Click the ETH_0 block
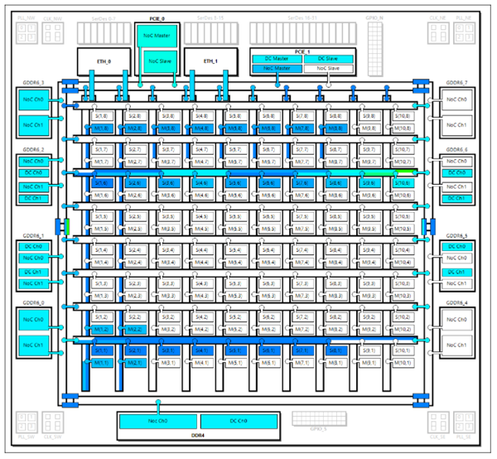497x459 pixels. [x=104, y=61]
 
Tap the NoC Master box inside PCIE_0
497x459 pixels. [x=157, y=36]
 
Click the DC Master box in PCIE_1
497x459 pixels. [x=277, y=58]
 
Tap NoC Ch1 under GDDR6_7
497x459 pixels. [x=456, y=125]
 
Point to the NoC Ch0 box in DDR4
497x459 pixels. [x=157, y=422]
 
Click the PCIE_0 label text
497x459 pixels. [x=157, y=17]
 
